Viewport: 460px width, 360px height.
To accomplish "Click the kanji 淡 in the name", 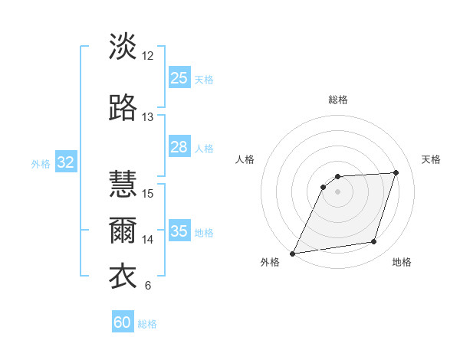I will (123, 46).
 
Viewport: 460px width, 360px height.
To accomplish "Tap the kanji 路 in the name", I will (123, 108).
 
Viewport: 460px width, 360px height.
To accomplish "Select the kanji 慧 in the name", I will (123, 184).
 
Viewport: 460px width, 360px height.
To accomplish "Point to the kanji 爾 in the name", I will (123, 231).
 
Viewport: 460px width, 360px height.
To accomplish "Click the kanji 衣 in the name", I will (123, 277).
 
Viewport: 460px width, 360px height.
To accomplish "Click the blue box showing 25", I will (179, 78).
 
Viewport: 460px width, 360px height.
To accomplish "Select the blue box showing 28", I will (179, 147).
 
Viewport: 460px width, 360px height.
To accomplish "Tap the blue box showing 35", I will (179, 231).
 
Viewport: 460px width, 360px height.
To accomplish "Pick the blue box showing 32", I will (65, 162).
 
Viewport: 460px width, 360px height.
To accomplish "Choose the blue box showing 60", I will (123, 322).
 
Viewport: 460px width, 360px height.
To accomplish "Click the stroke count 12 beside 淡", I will (148, 55).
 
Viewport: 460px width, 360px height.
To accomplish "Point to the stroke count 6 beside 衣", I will (148, 286).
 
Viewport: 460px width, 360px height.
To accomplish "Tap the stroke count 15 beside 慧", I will (148, 193).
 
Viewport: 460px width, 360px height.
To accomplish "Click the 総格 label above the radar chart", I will (338, 100).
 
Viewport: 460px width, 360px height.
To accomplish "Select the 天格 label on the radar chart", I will (431, 159).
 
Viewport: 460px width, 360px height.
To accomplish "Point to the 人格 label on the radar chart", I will (245, 159).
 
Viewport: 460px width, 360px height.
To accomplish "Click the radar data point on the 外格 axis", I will (293, 253).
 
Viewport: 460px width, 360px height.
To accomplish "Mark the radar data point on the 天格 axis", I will (396, 172).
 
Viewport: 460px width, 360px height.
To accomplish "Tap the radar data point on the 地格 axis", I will (374, 242).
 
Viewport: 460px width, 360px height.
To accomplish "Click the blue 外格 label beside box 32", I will (40, 163).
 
